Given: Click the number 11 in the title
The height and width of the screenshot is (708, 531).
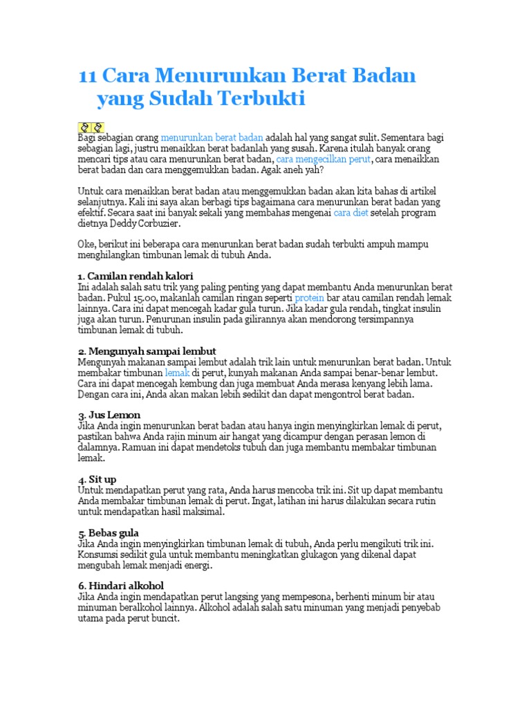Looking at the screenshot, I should coord(88,75).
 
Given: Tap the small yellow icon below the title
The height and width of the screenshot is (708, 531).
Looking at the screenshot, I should coord(91,127).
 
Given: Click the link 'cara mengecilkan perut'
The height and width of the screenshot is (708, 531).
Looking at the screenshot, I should coord(324,159).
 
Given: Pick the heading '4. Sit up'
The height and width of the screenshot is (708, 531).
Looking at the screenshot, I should coord(98,479).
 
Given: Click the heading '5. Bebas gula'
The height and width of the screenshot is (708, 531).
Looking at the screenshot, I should coord(109,533).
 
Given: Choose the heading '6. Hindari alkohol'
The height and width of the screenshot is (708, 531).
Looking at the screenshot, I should coord(121,586).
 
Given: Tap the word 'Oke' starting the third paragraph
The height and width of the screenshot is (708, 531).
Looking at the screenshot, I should coord(86,245).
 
